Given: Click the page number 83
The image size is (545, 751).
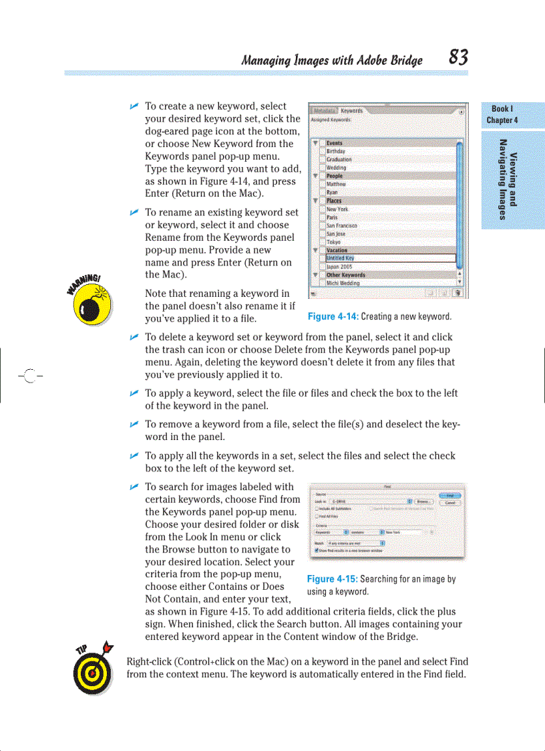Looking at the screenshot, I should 458,58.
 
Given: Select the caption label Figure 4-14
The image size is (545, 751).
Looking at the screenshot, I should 333,316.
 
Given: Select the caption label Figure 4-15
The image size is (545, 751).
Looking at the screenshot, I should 332,579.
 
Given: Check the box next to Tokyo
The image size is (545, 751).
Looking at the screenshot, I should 322,242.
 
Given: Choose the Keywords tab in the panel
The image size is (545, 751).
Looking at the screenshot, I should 351,111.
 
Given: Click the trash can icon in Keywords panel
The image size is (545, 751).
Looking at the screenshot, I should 458,292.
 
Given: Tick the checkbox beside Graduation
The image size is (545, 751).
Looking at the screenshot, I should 322,160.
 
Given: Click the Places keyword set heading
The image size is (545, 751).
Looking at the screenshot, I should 334,201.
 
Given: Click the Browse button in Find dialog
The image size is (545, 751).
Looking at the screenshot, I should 424,502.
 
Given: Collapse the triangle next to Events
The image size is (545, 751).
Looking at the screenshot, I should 315,143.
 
